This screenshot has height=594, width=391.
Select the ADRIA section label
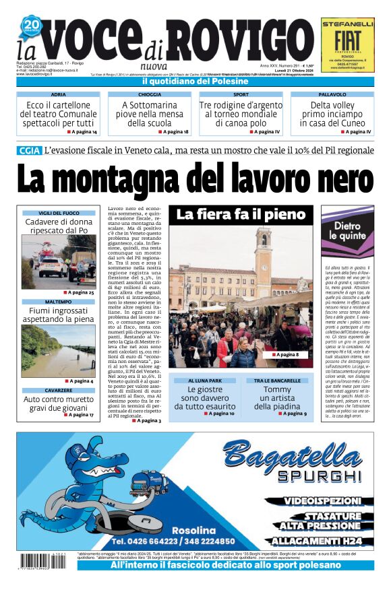pos(59,95)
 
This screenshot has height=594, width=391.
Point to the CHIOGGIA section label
pos(150,95)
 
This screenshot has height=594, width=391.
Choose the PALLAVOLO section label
pos(332,95)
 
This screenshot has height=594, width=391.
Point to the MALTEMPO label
pos(59,302)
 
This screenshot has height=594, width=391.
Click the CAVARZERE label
pos(59,391)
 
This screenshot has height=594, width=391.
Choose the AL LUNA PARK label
pos(204,381)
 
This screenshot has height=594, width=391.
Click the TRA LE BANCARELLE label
pos(278,381)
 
